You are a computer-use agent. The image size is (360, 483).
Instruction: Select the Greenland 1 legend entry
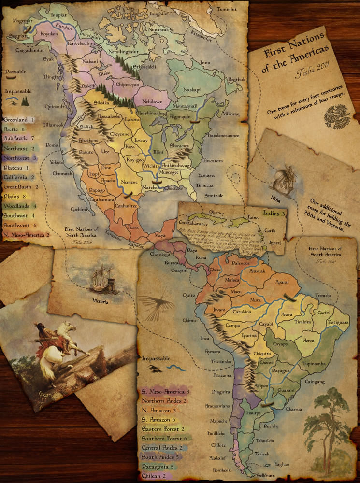(19, 119)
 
